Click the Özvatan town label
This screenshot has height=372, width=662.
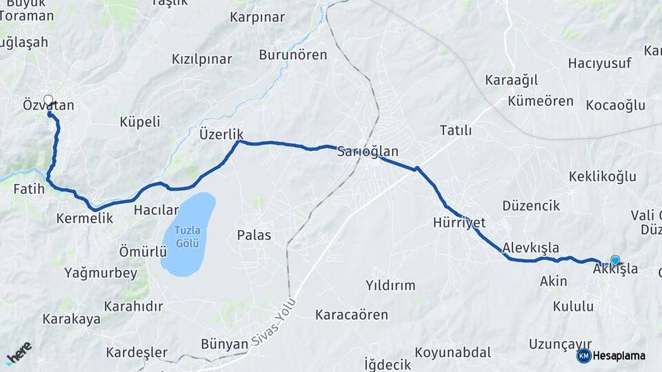click(48, 105)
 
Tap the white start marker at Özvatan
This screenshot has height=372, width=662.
click(48, 99)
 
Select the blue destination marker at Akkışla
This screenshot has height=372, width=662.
click(615, 260)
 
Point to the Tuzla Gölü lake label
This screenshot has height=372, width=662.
click(187, 236)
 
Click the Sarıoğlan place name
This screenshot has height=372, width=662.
click(368, 152)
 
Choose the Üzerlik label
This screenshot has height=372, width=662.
click(221, 133)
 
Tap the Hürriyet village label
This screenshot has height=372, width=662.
click(459, 223)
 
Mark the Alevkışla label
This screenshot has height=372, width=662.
click(530, 247)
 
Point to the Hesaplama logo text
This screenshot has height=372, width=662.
click(619, 355)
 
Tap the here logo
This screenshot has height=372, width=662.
click(19, 353)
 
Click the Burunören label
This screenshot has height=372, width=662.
click(293, 54)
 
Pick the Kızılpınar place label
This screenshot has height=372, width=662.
click(201, 59)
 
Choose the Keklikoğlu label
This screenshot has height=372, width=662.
click(602, 176)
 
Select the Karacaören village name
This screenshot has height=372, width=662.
click(352, 315)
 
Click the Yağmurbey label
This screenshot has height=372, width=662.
click(101, 273)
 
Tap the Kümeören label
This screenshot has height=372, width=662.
click(540, 101)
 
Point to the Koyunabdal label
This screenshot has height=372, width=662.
click(457, 352)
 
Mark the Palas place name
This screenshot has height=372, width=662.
click(254, 235)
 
